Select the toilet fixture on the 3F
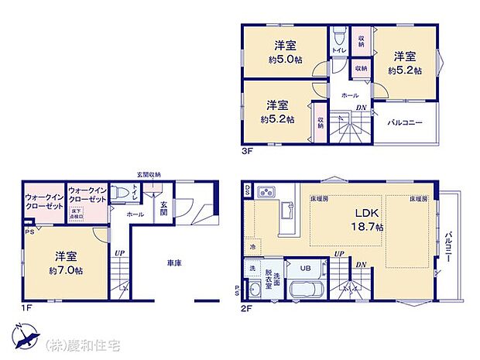[338, 37]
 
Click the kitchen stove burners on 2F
[265, 191]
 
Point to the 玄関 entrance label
[164, 207]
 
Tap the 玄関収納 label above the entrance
[149, 175]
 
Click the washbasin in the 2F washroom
[255, 290]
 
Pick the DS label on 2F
[247, 188]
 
